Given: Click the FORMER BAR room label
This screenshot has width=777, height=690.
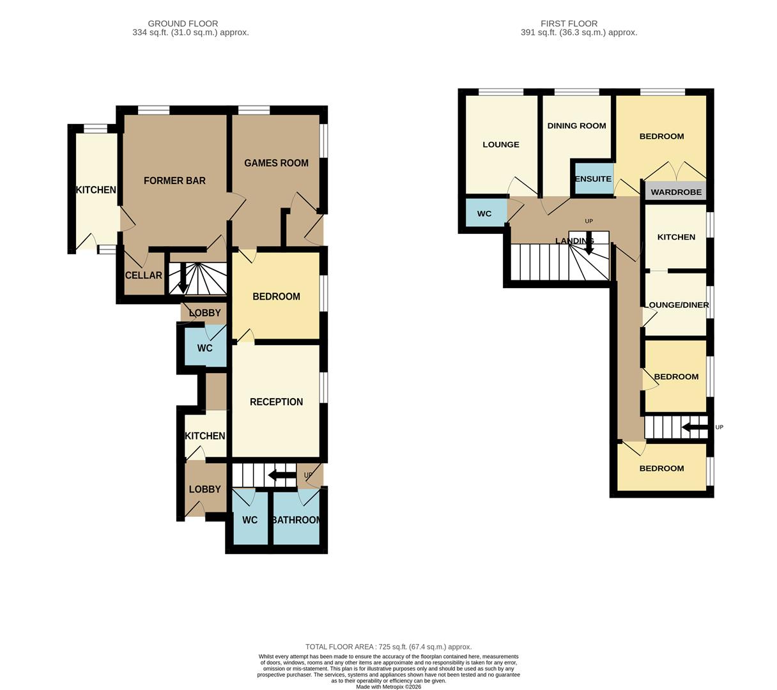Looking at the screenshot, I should point(174,181).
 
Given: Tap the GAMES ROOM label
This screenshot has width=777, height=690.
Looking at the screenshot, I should point(276,163).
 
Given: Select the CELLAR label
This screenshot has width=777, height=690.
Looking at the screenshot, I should point(143,275).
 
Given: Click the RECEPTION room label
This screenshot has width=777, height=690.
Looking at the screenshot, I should point(276,402).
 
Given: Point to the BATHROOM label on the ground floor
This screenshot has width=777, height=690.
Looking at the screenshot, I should point(296,520).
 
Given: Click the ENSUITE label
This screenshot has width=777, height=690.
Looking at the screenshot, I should point(593,179).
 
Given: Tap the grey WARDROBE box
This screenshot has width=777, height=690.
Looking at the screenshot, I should point(675,192).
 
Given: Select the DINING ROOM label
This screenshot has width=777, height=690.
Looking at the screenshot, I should point(576,126).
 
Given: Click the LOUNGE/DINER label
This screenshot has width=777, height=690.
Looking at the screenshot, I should point(676,305).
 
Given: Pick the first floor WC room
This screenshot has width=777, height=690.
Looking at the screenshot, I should point(484,213).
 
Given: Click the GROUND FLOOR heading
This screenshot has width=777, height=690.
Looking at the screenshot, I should point(183,24).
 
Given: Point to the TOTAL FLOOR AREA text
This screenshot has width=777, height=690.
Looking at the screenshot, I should point(388,647).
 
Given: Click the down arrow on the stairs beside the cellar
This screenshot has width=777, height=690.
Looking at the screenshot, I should point(183,279).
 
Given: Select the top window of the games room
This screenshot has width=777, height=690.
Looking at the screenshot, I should point(254,111).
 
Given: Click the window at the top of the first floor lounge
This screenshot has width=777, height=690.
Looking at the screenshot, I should point(500,92).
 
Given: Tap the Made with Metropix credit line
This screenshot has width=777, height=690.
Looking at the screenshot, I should point(388,687).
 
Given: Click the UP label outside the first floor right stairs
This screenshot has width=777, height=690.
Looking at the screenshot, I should point(719,427).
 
